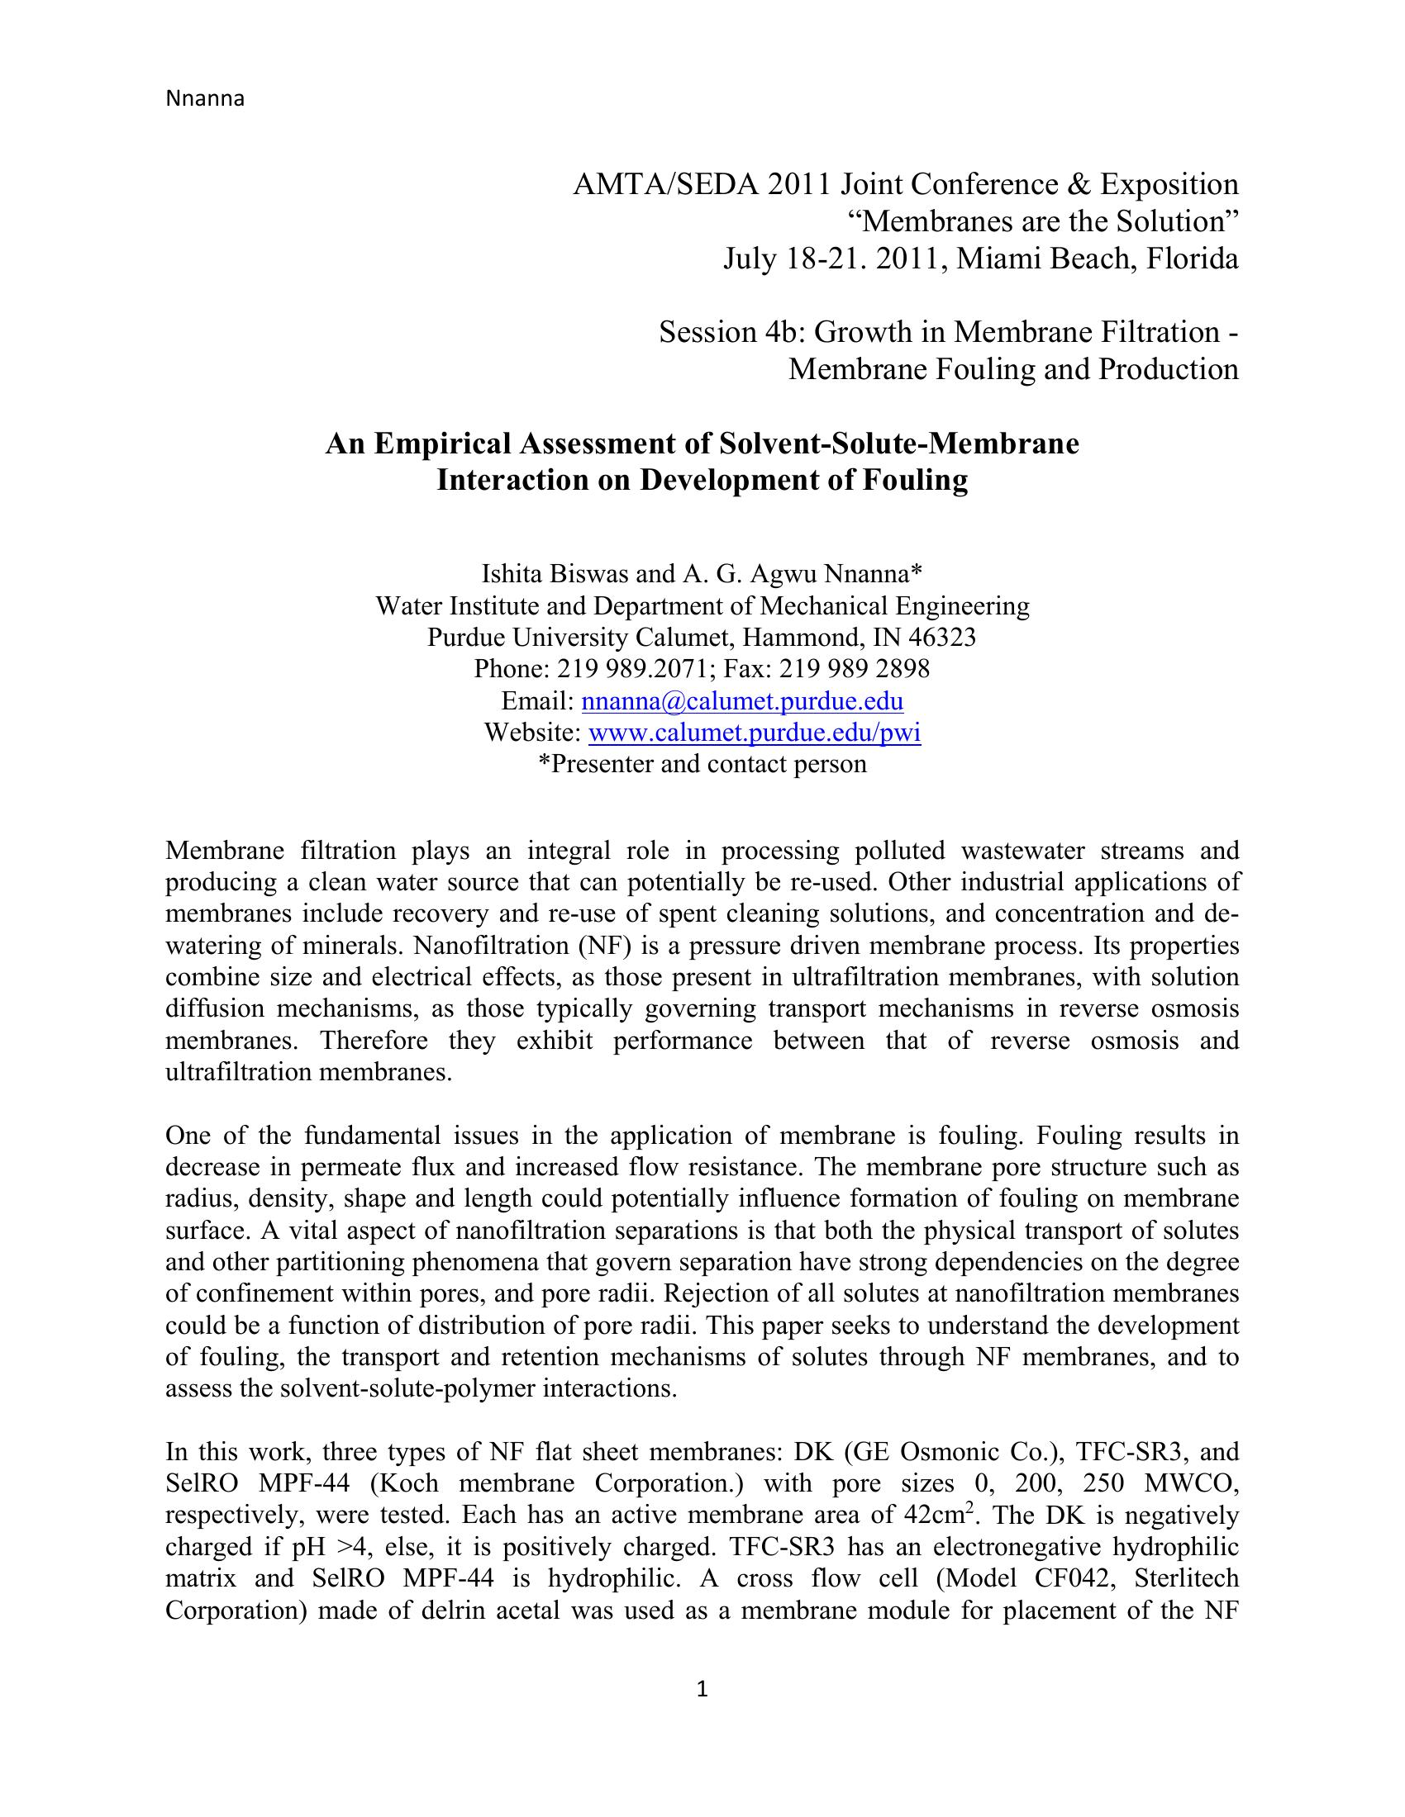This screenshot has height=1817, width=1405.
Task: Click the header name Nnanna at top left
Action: click(205, 99)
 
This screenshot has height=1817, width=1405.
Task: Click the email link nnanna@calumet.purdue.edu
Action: click(741, 701)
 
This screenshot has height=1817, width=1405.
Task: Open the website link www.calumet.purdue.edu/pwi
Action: click(754, 733)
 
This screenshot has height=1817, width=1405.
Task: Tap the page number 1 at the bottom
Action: click(702, 1689)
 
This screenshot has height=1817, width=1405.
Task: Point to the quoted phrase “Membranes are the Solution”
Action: click(1043, 222)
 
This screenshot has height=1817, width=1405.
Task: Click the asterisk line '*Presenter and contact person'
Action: click(702, 765)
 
